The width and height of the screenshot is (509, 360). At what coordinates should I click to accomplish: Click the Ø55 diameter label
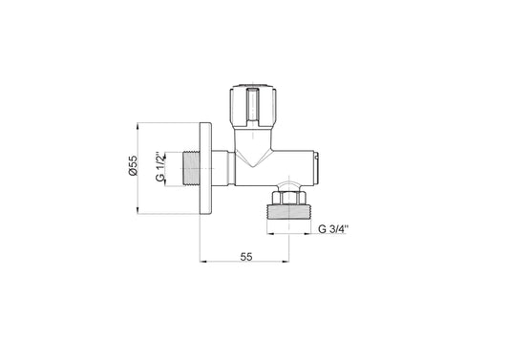[133, 165]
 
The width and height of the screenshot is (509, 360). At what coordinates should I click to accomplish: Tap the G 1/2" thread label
[160, 166]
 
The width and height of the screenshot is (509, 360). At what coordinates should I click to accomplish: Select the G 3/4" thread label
[333, 229]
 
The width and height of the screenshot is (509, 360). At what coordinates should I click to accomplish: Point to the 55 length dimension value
[246, 257]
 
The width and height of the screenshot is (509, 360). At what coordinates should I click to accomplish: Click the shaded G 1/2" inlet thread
[192, 168]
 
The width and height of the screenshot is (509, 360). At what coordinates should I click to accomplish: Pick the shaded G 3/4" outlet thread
[288, 212]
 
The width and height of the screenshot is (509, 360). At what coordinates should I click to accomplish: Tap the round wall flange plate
[206, 168]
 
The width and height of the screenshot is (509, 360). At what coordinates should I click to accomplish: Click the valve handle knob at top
[253, 106]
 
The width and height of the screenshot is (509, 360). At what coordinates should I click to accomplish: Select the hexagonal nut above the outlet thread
[288, 198]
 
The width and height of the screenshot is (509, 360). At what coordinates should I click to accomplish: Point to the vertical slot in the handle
[253, 106]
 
